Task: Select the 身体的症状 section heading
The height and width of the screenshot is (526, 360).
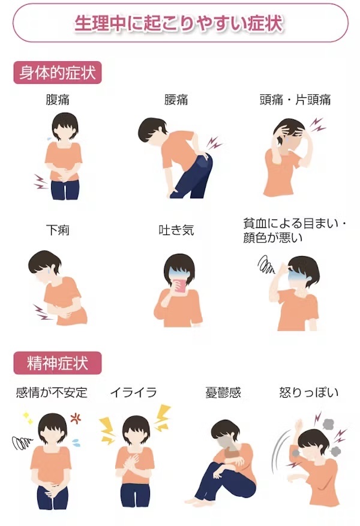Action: [x=58, y=73]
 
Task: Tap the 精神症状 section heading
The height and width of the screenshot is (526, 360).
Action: [x=58, y=363]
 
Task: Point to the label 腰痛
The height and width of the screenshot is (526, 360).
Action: [x=176, y=100]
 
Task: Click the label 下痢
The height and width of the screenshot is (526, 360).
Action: [x=58, y=230]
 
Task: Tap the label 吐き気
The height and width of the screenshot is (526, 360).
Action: [x=176, y=230]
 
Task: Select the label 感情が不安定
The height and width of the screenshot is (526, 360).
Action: [x=52, y=393]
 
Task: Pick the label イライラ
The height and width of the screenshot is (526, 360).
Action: [x=133, y=393]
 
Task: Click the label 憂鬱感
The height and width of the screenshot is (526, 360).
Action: [x=223, y=393]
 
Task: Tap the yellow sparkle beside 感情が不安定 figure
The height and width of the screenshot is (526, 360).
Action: [x=28, y=416]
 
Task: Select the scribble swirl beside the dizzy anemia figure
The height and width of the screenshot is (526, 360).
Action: [x=265, y=264]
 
